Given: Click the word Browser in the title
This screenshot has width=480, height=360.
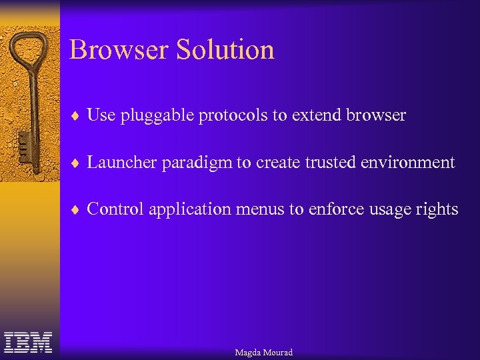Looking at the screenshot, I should [118, 50].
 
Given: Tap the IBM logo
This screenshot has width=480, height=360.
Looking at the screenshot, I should [28, 343].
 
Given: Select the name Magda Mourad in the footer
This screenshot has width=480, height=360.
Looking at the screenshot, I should [263, 352].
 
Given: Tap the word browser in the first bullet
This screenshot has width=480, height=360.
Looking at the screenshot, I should [376, 115].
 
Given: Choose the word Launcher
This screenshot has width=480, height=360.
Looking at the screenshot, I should [117, 162].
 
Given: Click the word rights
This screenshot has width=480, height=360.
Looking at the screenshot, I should [439, 210].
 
